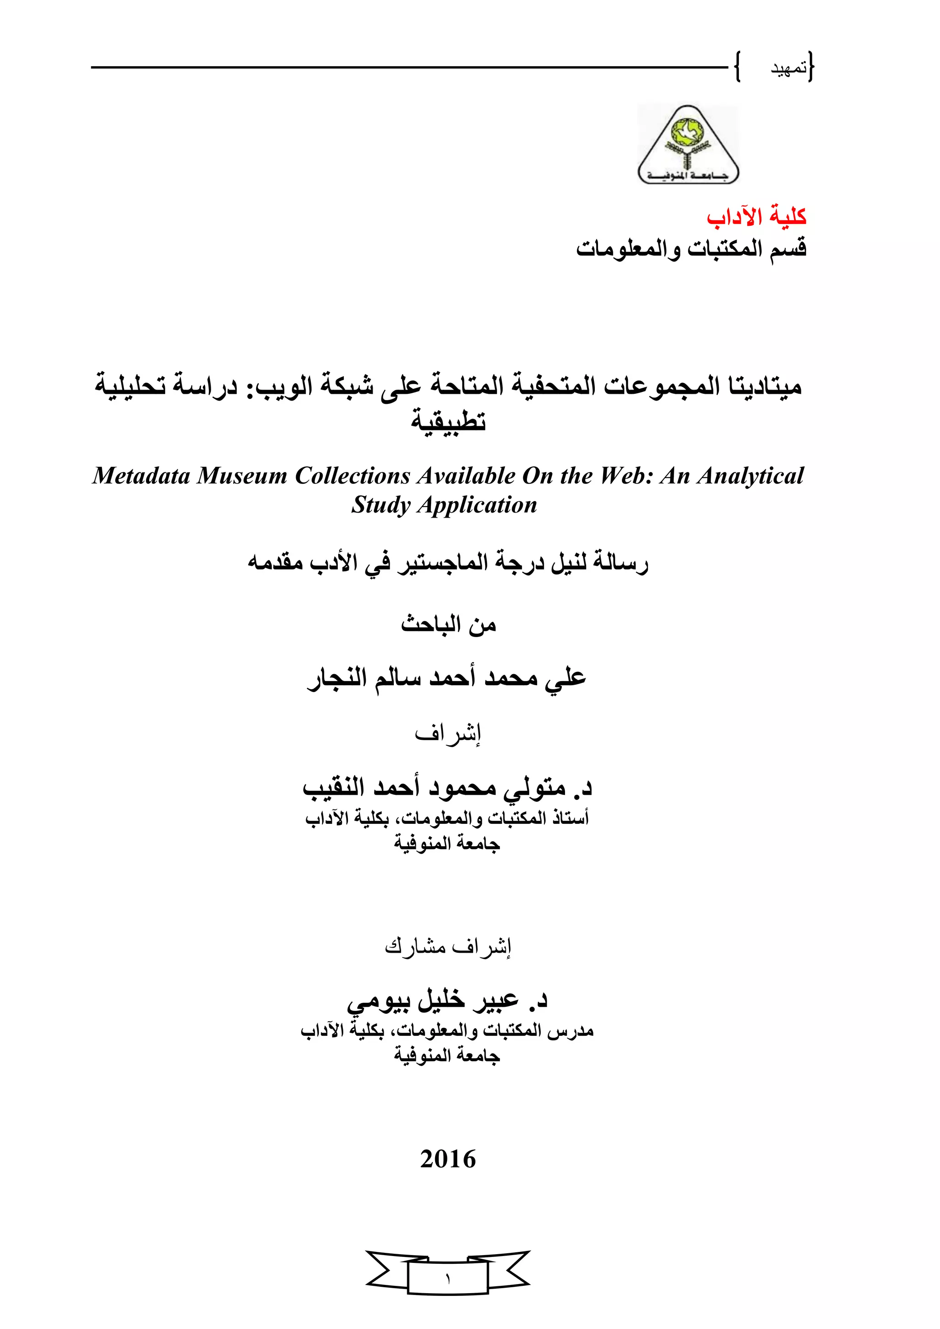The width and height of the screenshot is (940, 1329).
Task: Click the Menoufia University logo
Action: (688, 145)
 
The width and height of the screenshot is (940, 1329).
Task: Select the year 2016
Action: (448, 1159)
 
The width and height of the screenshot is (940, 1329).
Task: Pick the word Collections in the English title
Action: (352, 476)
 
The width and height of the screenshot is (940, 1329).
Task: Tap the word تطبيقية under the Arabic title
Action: (448, 421)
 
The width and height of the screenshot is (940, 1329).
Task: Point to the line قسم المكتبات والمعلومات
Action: (691, 249)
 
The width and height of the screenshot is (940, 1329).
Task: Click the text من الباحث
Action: (448, 625)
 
